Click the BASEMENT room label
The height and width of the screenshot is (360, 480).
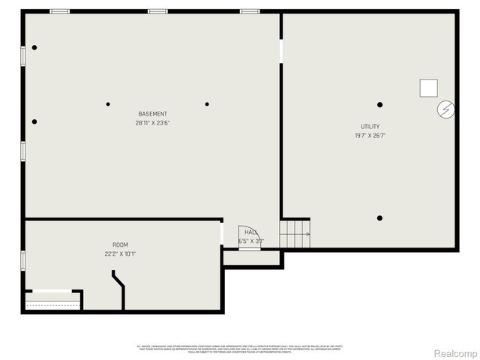tap(152, 114)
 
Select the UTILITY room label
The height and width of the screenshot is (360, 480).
tap(370, 127)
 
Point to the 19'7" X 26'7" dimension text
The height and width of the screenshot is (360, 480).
tap(370, 136)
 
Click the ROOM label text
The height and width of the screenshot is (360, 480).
tap(120, 245)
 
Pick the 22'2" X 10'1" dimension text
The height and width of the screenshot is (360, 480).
tap(120, 254)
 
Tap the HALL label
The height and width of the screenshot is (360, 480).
tap(250, 232)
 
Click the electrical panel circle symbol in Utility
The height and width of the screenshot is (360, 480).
tap(445, 110)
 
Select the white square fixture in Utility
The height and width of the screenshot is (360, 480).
tap(428, 88)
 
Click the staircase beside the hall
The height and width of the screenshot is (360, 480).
tap(295, 233)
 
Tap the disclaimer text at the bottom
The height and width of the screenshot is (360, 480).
tap(239, 347)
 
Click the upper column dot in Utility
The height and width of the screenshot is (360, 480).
tap(380, 104)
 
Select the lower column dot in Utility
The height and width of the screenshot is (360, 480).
tap(380, 218)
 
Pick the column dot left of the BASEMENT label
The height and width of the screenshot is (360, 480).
tap(108, 104)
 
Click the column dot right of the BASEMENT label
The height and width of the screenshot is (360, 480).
tap(207, 104)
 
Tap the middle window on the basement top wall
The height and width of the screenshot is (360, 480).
tap(157, 11)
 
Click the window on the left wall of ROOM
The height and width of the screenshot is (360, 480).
tap(23, 260)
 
